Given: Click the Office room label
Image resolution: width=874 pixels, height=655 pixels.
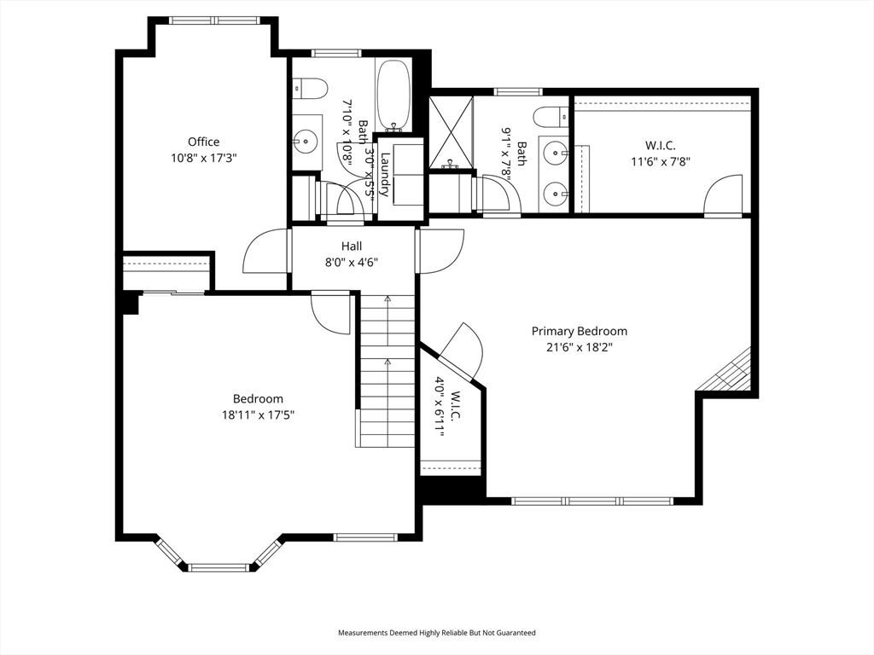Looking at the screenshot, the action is click(203, 142).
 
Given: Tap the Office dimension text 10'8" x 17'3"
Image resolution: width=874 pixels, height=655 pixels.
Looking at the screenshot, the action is click(203, 158).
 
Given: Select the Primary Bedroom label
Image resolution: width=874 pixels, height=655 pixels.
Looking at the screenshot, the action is click(580, 332).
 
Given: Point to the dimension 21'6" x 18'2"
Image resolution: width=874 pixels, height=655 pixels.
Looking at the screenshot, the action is click(580, 348).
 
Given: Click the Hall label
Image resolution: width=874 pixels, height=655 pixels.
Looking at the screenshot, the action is click(351, 246).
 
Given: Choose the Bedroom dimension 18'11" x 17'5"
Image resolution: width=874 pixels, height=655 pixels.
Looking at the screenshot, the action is click(258, 415).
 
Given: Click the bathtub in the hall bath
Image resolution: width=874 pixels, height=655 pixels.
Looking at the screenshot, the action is click(394, 96).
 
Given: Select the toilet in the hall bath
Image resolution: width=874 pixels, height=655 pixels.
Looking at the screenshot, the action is click(310, 88).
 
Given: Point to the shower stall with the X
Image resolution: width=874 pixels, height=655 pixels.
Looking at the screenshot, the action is click(451, 132).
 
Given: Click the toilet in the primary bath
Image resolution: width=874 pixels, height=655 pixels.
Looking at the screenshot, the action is click(551, 117).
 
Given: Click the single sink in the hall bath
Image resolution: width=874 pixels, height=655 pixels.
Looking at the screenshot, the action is click(306, 141).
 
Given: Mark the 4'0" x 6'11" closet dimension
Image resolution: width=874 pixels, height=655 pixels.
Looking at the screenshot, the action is click(440, 407).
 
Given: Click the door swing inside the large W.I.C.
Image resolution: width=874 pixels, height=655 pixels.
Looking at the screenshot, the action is click(724, 195).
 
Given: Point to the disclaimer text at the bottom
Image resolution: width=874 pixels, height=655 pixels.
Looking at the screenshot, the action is click(437, 633).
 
